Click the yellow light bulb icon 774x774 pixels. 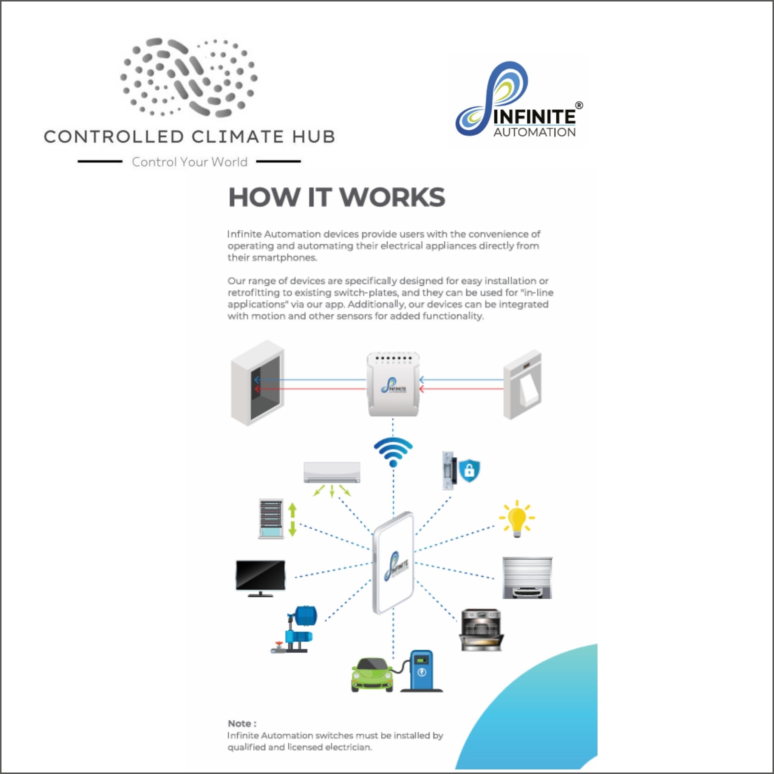[517, 518]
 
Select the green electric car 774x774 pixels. [372, 675]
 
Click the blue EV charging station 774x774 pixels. [422, 671]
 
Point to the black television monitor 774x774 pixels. [260, 577]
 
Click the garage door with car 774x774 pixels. [527, 577]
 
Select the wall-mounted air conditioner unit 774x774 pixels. [332, 472]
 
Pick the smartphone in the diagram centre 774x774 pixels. [393, 562]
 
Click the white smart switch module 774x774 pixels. [393, 385]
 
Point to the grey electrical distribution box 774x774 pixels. [258, 383]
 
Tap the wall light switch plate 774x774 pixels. [522, 384]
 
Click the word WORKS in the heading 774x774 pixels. [392, 198]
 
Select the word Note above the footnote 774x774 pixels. [240, 723]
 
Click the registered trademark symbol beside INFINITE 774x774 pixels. [579, 105]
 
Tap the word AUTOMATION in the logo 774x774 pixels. [534, 133]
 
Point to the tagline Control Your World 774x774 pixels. [189, 162]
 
